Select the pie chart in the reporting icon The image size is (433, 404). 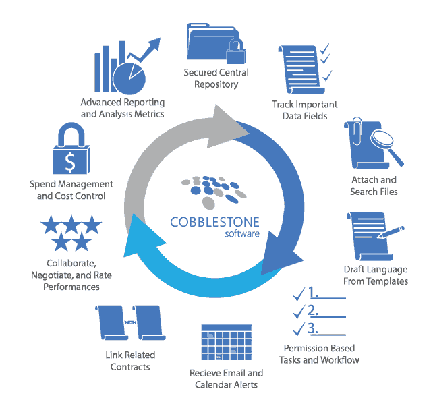coord(129,80)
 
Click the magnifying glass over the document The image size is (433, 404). coord(382,144)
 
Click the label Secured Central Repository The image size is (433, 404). coord(216,78)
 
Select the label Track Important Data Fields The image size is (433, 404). coord(305,110)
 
